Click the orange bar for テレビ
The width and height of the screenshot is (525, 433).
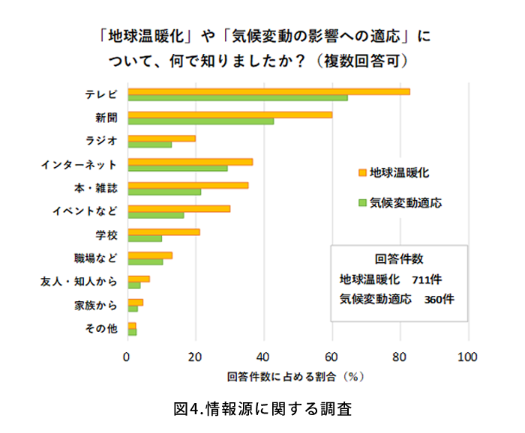pyautogui.click(x=268, y=91)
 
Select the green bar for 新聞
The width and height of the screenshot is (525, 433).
pyautogui.click(x=201, y=121)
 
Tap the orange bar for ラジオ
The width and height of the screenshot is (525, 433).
pyautogui.click(x=161, y=138)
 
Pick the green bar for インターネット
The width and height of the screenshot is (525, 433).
pyautogui.click(x=178, y=168)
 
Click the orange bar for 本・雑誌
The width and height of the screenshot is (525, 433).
pyautogui.click(x=188, y=185)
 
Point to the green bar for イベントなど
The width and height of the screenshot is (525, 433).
pyautogui.click(x=156, y=215)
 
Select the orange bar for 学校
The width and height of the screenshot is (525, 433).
pyautogui.click(x=163, y=231)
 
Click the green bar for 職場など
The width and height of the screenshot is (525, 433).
pyautogui.click(x=145, y=261)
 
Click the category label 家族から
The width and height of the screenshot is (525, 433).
pyautogui.click(x=95, y=305)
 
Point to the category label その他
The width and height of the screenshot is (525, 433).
pyautogui.click(x=101, y=328)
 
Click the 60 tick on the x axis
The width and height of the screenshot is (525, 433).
pyautogui.click(x=332, y=357)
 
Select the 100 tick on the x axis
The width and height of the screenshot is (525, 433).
pyautogui.click(x=468, y=357)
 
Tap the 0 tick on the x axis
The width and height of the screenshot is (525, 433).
pyautogui.click(x=127, y=357)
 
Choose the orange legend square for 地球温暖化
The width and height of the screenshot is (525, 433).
pyautogui.click(x=361, y=172)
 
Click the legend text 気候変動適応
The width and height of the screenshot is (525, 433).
pyautogui.click(x=404, y=203)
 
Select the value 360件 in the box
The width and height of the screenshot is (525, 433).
pyautogui.click(x=439, y=299)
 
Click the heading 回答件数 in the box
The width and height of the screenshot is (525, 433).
pyautogui.click(x=399, y=259)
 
